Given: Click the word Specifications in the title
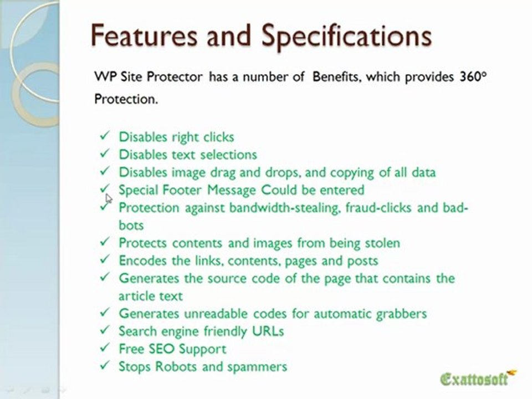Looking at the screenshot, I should [x=346, y=37].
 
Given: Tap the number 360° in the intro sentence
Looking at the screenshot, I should [x=472, y=78].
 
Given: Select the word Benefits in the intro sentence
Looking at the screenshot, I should [x=337, y=78].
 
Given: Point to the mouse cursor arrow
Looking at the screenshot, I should [x=109, y=197].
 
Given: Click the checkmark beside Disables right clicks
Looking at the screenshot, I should [x=104, y=136].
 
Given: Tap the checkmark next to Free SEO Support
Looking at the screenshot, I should [x=104, y=349].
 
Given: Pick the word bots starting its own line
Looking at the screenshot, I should [x=131, y=226].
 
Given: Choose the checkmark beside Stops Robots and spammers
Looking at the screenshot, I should [x=104, y=366].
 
